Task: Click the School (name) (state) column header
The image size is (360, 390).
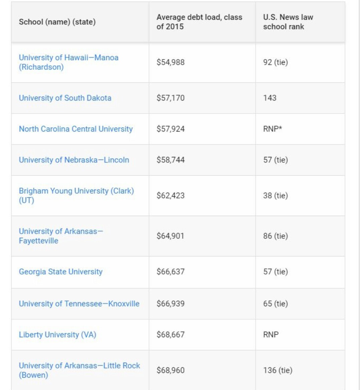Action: pyautogui.click(x=57, y=22)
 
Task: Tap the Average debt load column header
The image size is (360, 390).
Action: pyautogui.click(x=199, y=22)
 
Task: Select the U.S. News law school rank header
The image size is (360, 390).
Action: pyautogui.click(x=288, y=22)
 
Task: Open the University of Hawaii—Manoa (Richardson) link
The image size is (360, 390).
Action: pyautogui.click(x=69, y=62)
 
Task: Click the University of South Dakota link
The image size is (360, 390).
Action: pyautogui.click(x=65, y=98)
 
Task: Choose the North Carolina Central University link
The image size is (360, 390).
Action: pyautogui.click(x=76, y=129)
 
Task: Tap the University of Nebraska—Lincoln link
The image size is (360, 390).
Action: pyautogui.click(x=74, y=160)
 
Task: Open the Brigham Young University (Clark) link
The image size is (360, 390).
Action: pyautogui.click(x=76, y=191)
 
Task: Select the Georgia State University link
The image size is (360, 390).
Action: pyautogui.click(x=61, y=272)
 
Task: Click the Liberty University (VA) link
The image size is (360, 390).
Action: pyautogui.click(x=57, y=335)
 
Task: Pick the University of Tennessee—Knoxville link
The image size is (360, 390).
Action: pyautogui.click(x=79, y=304)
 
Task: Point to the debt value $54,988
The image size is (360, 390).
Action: pyautogui.click(x=170, y=62)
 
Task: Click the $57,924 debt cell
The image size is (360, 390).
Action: pyautogui.click(x=170, y=129)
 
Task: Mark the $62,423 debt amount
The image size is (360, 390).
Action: pyautogui.click(x=170, y=196)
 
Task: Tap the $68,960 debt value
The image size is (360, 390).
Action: pyautogui.click(x=170, y=370)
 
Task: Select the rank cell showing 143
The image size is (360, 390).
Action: pyautogui.click(x=270, y=98)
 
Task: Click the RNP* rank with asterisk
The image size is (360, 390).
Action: pyautogui.click(x=272, y=129)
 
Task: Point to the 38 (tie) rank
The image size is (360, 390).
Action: pyautogui.click(x=275, y=196)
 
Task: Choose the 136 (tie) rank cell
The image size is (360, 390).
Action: pyautogui.click(x=277, y=370)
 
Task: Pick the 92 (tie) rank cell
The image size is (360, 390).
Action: pyautogui.click(x=275, y=62)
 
